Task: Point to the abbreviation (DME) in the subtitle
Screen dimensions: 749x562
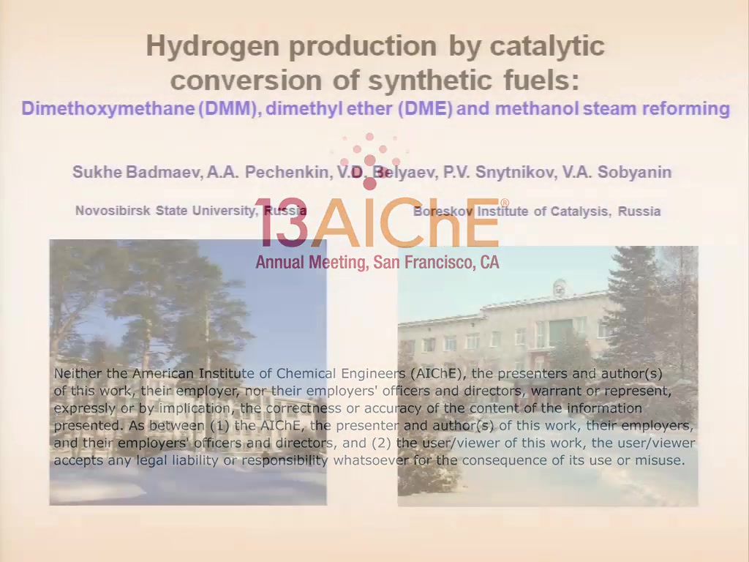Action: pyautogui.click(x=425, y=108)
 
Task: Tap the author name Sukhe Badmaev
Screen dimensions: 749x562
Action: pyautogui.click(x=137, y=172)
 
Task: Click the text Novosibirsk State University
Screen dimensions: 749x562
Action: pyautogui.click(x=165, y=211)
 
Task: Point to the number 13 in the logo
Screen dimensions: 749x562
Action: pyautogui.click(x=282, y=222)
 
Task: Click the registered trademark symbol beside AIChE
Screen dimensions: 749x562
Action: pyautogui.click(x=504, y=203)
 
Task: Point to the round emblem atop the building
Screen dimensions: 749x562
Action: pyautogui.click(x=560, y=288)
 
